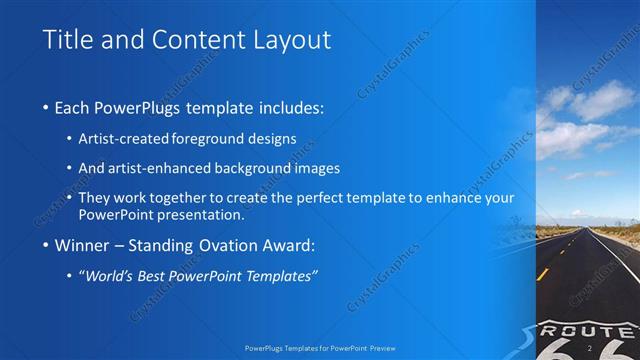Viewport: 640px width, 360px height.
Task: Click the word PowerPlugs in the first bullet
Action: coord(144,107)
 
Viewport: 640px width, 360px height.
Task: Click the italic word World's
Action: coord(110,276)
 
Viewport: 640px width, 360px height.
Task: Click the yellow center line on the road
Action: coord(543,272)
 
